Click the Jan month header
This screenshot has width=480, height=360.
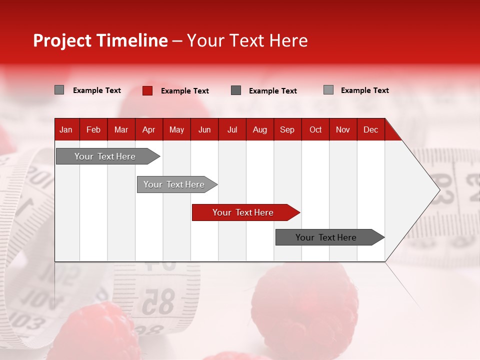click(66, 129)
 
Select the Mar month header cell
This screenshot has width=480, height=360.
click(121, 129)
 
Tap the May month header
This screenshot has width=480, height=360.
click(176, 129)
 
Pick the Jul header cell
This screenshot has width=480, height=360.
click(232, 129)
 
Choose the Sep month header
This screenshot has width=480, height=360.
click(287, 129)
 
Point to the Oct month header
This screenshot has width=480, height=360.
click(315, 129)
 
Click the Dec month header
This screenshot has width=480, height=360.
click(370, 129)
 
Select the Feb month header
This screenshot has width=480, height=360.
click(93, 129)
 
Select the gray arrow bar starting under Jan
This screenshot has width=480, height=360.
click(105, 156)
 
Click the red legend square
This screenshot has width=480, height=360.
click(147, 90)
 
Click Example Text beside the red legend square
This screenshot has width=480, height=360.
click(185, 91)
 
